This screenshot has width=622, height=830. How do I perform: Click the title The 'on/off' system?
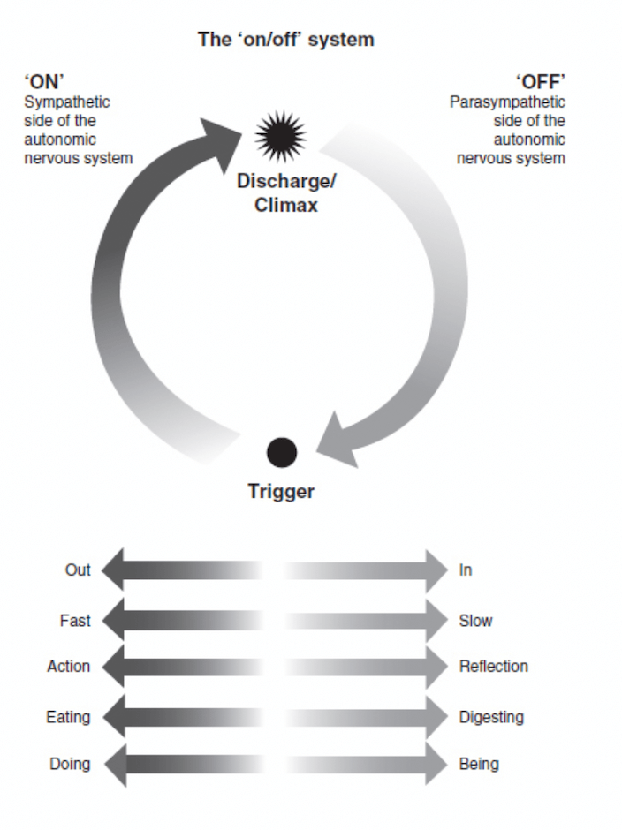(285, 40)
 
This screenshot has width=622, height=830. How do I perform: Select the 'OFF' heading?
(540, 84)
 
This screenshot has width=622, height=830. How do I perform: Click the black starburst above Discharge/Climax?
(281, 137)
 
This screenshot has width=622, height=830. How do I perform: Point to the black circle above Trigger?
(282, 453)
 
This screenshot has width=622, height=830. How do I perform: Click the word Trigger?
(281, 492)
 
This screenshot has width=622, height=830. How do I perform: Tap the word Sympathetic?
(66, 102)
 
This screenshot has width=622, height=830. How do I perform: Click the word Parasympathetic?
(507, 102)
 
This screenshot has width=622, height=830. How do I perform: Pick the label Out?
(78, 570)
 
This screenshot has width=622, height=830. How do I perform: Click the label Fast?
(75, 621)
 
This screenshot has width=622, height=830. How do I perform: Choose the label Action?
(68, 667)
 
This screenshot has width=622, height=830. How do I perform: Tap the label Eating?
(68, 717)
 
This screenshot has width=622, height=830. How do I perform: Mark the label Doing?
(70, 764)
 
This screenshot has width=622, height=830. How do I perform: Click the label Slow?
(475, 621)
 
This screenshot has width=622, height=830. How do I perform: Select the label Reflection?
(493, 667)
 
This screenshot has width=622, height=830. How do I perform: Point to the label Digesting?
(491, 717)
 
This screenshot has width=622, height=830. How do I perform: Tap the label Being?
(478, 764)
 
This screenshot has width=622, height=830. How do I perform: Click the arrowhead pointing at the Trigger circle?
(336, 447)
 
